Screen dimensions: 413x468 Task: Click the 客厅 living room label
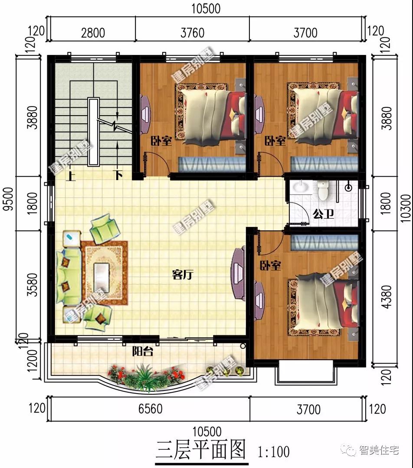click(x=183, y=274)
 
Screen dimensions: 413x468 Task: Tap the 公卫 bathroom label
click(x=323, y=214)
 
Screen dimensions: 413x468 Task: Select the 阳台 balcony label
click(x=143, y=352)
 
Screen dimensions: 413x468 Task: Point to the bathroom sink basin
click(x=300, y=187)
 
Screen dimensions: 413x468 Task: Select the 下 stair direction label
click(x=118, y=175)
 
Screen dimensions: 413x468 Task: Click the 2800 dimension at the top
click(x=93, y=32)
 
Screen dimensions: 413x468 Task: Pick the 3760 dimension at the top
click(x=192, y=32)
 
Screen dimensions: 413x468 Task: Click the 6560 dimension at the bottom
click(x=150, y=409)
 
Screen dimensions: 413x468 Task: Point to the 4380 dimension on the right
click(x=386, y=297)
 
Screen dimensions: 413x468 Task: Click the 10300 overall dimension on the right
click(x=406, y=208)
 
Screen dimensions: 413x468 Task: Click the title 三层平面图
click(x=201, y=449)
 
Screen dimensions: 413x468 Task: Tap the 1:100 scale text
click(x=273, y=452)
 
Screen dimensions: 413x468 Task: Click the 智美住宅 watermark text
click(x=379, y=449)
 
